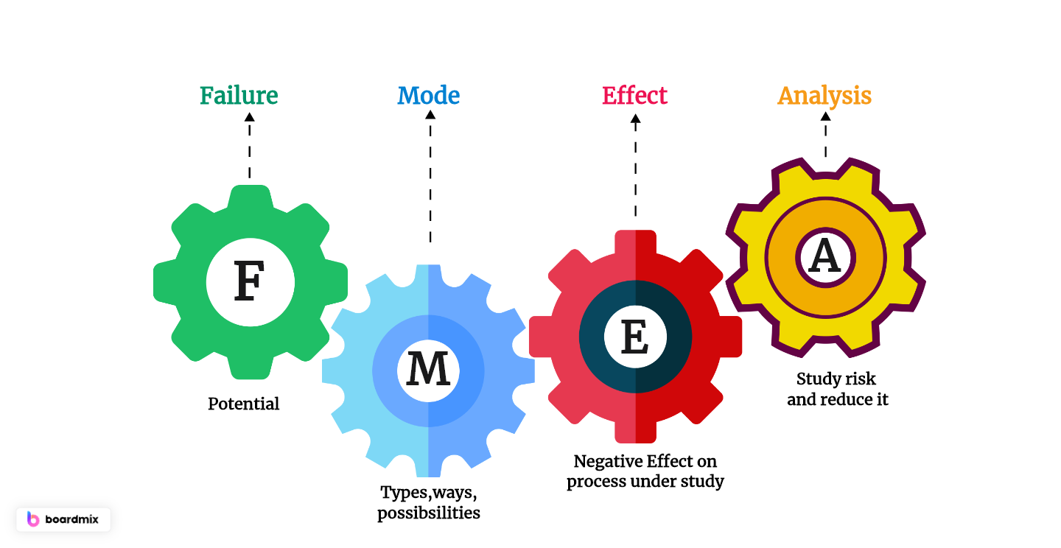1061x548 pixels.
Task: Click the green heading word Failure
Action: click(239, 96)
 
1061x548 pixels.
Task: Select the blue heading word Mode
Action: click(428, 96)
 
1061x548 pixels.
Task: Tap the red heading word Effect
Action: click(634, 96)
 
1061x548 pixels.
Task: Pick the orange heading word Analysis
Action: click(824, 96)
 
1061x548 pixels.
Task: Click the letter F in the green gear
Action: click(249, 282)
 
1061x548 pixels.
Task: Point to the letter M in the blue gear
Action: click(428, 370)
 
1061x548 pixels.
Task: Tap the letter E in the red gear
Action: click(635, 338)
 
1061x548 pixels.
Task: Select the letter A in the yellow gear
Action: click(824, 257)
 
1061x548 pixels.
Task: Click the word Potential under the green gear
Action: click(244, 404)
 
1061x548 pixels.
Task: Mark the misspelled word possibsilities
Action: click(429, 513)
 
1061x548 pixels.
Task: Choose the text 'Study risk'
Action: click(836, 379)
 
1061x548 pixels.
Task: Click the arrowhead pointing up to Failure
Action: click(249, 116)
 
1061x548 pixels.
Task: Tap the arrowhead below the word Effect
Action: click(635, 116)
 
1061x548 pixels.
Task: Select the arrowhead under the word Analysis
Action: click(824, 116)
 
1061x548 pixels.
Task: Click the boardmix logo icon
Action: click(33, 519)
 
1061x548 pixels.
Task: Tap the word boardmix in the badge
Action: click(72, 519)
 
